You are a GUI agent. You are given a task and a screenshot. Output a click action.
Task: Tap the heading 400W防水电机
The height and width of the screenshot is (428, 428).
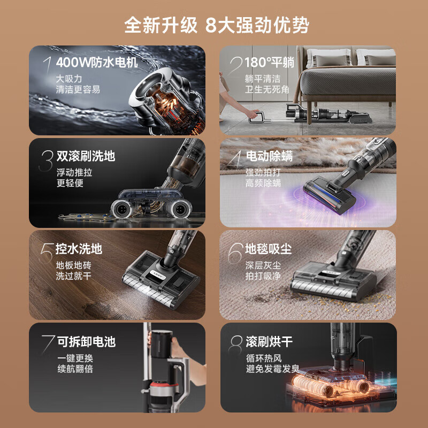click(x=97, y=63)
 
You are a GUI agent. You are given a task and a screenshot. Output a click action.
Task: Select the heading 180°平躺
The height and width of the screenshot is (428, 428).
click(x=270, y=63)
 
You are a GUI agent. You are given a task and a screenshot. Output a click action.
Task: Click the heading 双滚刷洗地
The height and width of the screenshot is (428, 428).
click(x=86, y=156)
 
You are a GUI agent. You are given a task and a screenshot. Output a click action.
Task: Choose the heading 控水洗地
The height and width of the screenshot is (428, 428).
click(x=79, y=249)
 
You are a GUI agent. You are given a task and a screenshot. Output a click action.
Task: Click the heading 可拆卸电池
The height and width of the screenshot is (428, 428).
click(x=86, y=341)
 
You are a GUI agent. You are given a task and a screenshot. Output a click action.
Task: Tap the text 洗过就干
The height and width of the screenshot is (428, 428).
click(x=73, y=276)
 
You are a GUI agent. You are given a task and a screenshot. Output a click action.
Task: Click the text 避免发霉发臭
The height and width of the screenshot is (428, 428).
click(x=272, y=369)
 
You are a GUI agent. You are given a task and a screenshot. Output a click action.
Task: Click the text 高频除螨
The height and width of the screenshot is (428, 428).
click(x=263, y=184)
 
